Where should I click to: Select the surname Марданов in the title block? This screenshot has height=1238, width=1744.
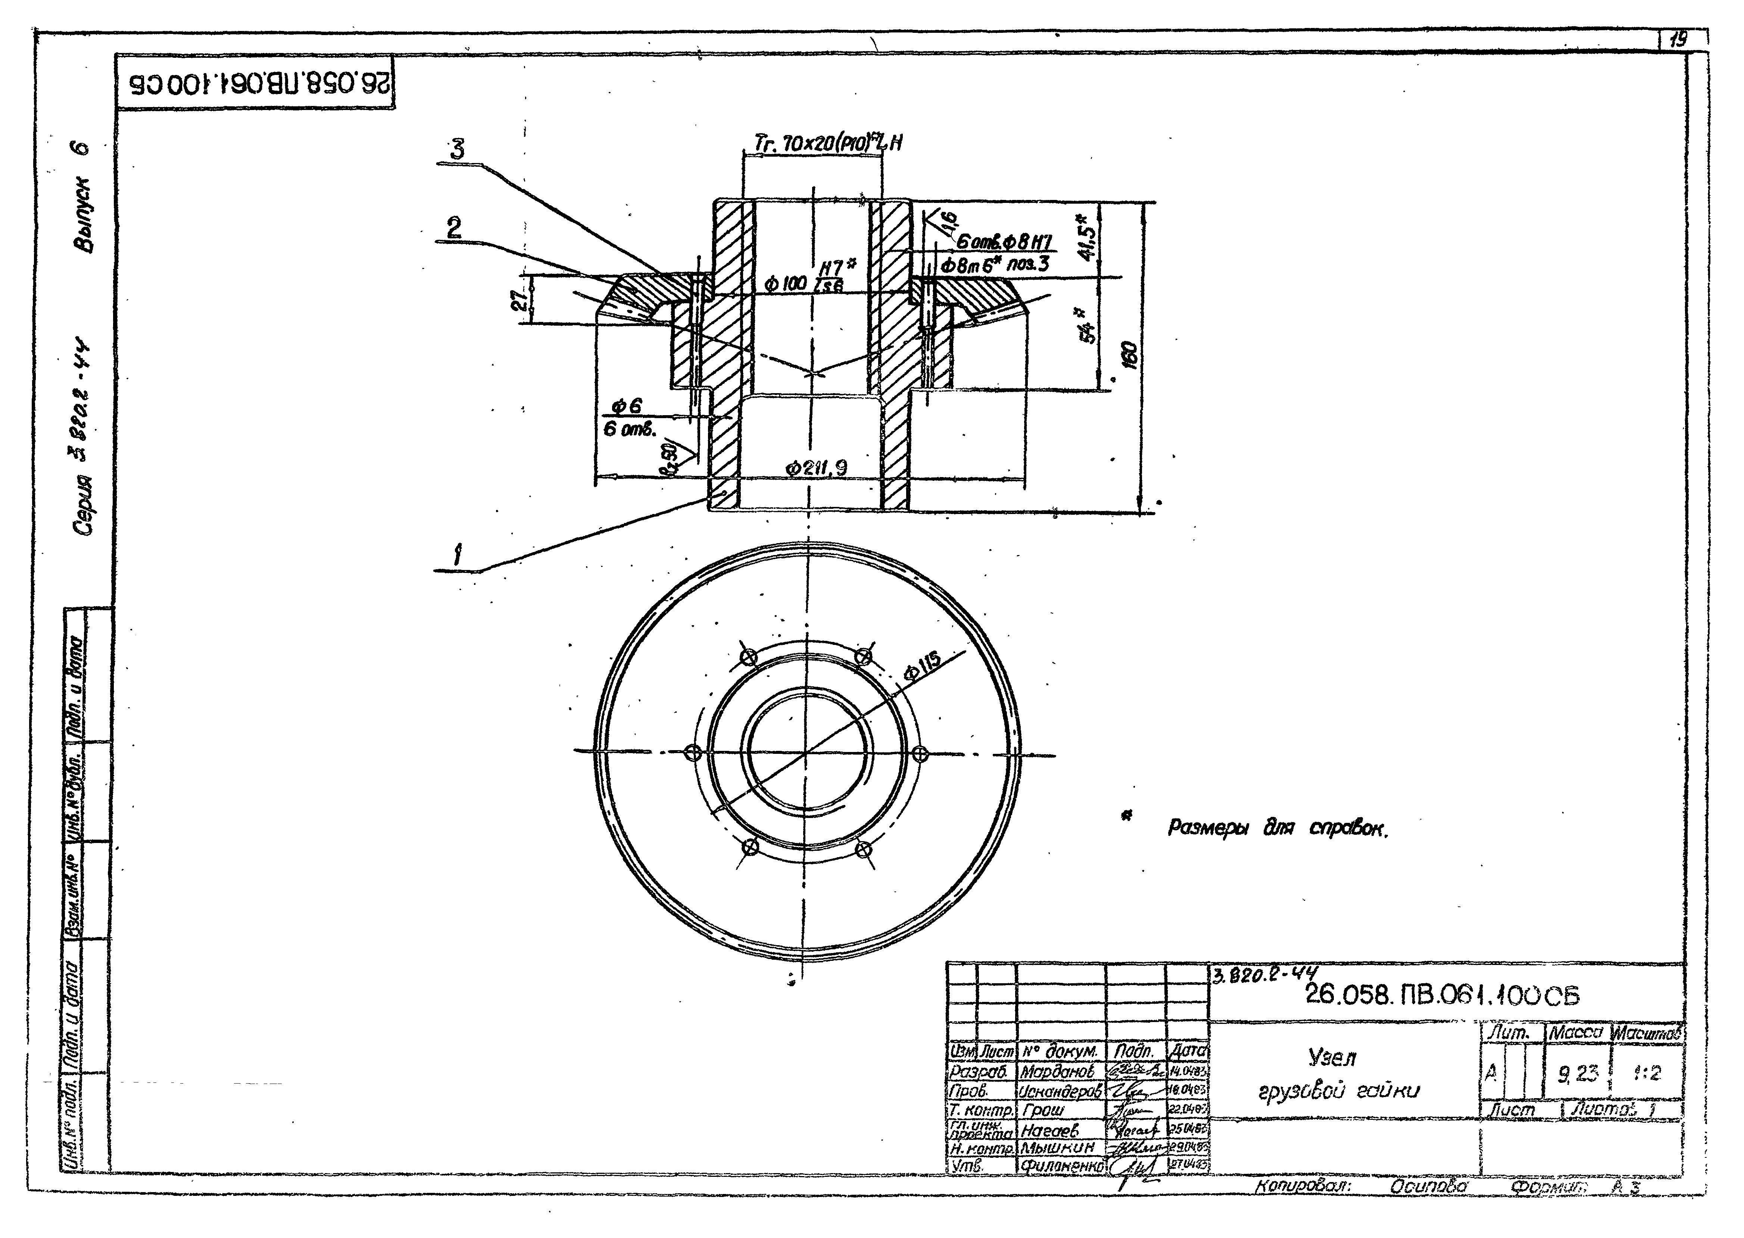coord(1057,1071)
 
